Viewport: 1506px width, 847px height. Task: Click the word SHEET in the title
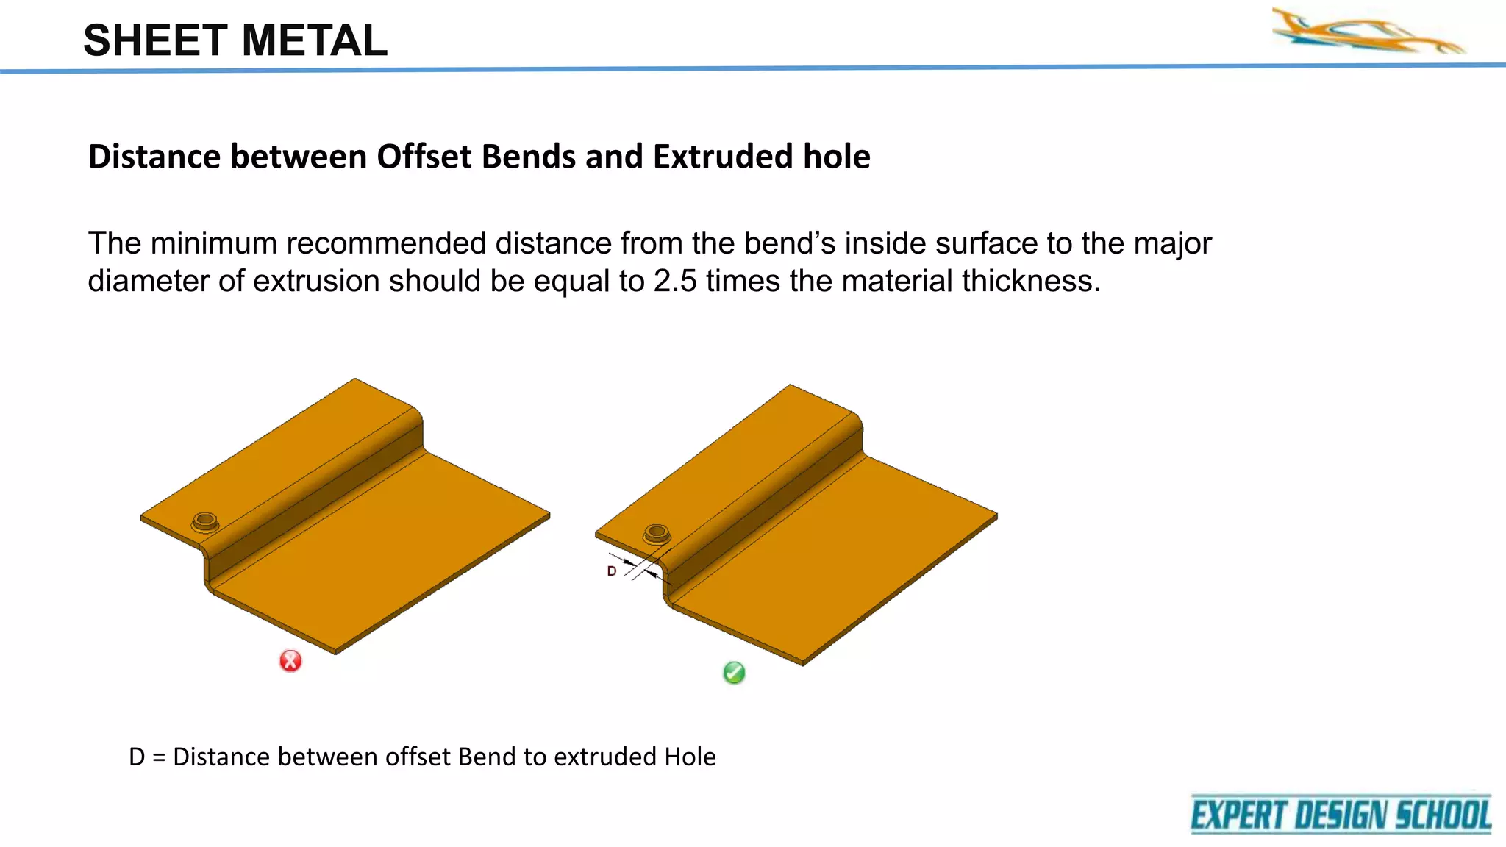point(156,41)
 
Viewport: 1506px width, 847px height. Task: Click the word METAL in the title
point(314,41)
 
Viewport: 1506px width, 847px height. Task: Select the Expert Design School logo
point(1341,815)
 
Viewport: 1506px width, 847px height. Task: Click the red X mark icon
point(290,661)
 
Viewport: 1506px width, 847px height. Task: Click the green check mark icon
point(734,673)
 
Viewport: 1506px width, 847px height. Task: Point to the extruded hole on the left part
point(205,522)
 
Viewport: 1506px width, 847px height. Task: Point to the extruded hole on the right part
point(657,533)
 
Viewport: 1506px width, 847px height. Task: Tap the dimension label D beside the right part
point(612,571)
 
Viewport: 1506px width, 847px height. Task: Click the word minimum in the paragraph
point(213,244)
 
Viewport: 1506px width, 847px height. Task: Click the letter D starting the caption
point(137,757)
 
